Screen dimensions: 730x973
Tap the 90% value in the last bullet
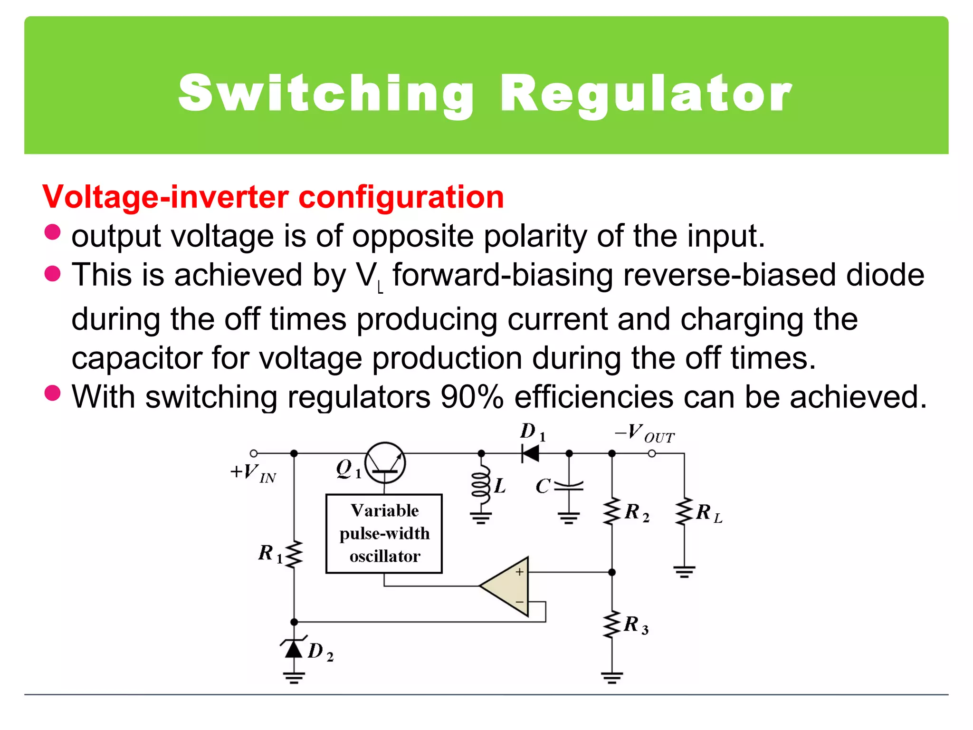471,397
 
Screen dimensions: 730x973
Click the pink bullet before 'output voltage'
52,232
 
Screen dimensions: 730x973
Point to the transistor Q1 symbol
385,462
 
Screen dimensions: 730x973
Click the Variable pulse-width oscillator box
384,533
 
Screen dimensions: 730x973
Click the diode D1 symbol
530,453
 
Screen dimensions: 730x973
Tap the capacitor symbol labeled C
569,485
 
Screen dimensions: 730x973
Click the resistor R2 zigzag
612,511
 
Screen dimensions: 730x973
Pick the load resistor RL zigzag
684,511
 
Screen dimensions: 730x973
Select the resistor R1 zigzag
294,554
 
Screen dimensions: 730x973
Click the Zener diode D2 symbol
294,647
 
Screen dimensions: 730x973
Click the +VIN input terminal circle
254,453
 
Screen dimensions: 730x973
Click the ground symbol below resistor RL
684,572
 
